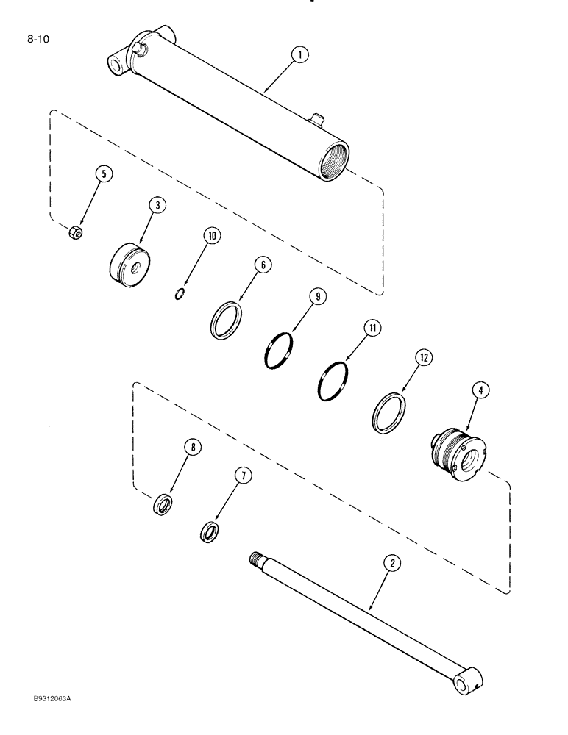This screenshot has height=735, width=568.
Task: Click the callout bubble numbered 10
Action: tap(212, 236)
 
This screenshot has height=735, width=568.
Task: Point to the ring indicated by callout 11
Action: tap(333, 381)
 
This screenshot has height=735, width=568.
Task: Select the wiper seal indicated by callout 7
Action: tap(210, 531)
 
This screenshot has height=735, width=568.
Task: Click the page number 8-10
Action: tap(38, 40)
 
